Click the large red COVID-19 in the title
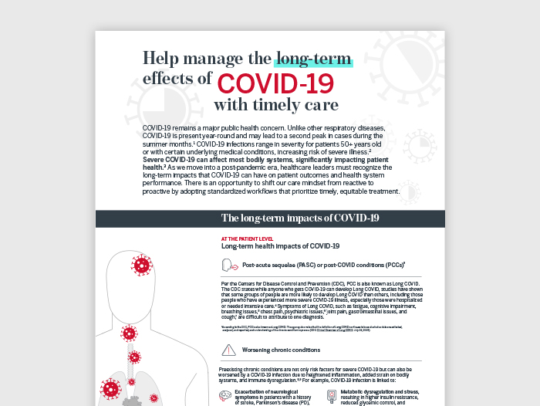point(275,82)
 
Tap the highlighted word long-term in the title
point(314,59)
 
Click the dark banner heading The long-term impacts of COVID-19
point(300,218)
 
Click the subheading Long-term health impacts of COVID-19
point(280,247)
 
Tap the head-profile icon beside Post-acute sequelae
point(229,265)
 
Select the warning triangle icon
point(228,350)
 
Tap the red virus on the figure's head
point(141,266)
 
